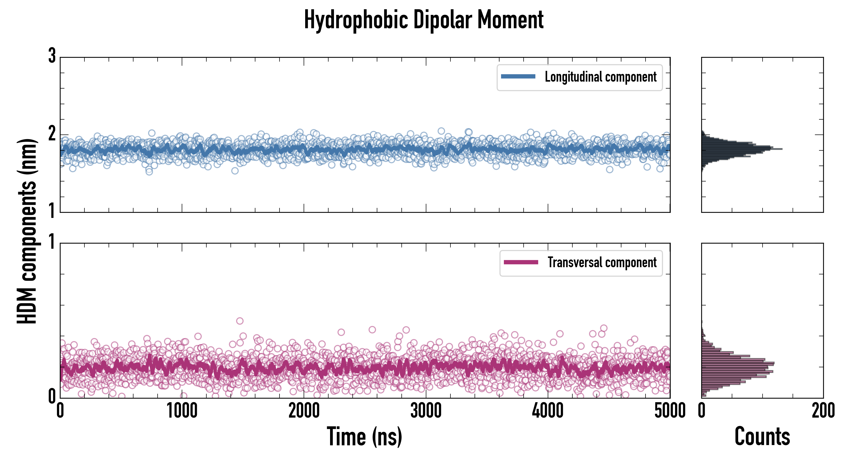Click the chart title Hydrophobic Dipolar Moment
pyautogui.click(x=423, y=20)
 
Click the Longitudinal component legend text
pyautogui.click(x=600, y=77)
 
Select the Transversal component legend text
pyautogui.click(x=602, y=262)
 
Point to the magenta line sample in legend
pyautogui.click(x=521, y=262)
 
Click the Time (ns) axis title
pyautogui.click(x=364, y=437)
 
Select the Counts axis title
pyautogui.click(x=762, y=437)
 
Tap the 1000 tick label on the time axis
pyautogui.click(x=182, y=411)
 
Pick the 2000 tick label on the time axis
pyautogui.click(x=304, y=411)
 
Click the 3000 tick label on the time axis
pyautogui.click(x=426, y=411)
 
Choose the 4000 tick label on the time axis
pyautogui.click(x=548, y=411)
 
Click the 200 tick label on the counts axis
pyautogui.click(x=823, y=411)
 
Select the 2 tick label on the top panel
pyautogui.click(x=52, y=134)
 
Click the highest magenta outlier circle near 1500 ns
pyautogui.click(x=240, y=321)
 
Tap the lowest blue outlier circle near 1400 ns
pyautogui.click(x=235, y=171)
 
